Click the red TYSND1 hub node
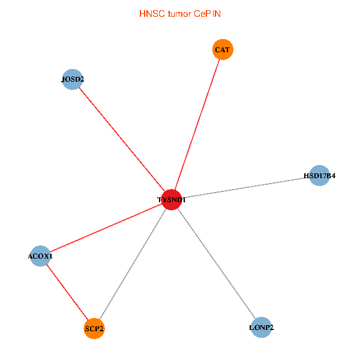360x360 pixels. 172,200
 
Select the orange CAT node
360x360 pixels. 223,49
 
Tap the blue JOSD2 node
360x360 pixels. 72,79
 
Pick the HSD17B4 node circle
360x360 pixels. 319,176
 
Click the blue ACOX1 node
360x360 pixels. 40,256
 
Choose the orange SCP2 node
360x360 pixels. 94,328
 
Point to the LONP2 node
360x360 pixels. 262,328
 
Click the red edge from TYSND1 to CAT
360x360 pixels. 197,124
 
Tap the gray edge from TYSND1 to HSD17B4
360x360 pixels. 246,188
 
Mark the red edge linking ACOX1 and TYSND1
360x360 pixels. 106,228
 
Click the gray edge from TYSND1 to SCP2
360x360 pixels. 133,264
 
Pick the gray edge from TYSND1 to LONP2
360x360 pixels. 217,264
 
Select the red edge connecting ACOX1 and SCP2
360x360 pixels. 67,292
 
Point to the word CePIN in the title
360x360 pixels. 207,13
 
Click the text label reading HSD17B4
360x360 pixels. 319,176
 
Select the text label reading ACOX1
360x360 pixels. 40,256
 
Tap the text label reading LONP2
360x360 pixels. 262,328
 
